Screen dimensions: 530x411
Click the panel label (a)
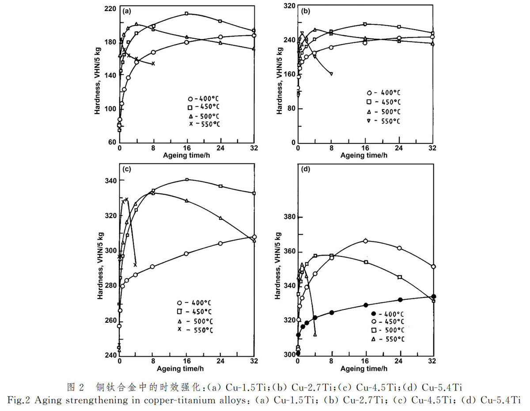point(127,11)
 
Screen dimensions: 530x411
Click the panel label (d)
point(305,169)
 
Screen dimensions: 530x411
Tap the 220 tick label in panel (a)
point(110,9)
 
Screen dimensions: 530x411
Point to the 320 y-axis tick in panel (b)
point(289,6)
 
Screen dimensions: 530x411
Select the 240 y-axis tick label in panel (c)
point(111,355)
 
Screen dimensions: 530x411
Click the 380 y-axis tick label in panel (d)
point(289,217)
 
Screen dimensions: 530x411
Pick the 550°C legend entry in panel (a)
point(204,124)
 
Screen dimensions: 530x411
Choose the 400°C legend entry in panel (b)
point(384,93)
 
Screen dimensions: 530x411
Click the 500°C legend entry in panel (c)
point(195,321)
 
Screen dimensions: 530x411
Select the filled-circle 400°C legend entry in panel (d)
point(387,314)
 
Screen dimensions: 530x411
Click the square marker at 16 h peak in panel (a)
point(186,14)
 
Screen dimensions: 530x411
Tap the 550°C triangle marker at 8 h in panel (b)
point(331,74)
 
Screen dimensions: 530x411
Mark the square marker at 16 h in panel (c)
point(187,179)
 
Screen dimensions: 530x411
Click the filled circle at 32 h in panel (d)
point(434,296)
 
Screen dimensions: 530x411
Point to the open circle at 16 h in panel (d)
point(365,241)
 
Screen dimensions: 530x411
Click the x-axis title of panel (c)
point(180,369)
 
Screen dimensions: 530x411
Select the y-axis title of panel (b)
point(280,81)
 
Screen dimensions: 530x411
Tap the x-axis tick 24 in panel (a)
point(220,148)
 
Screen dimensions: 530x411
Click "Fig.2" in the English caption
point(18,400)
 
